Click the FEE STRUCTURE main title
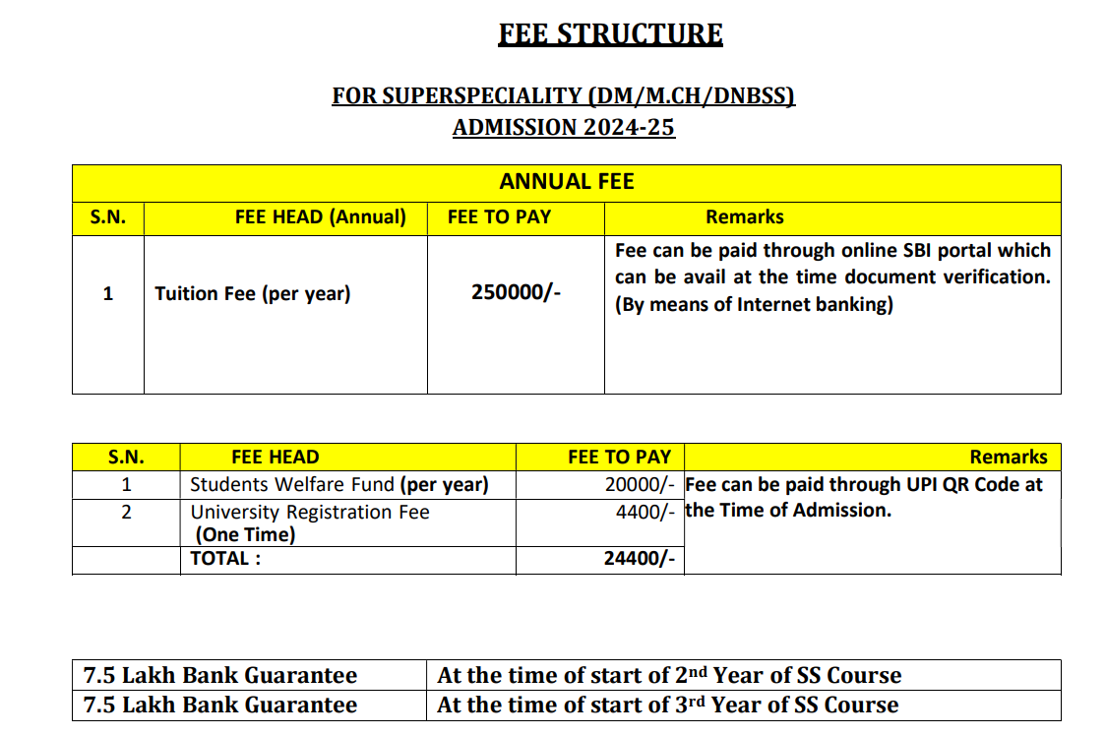coord(610,35)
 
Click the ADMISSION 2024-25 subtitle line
coord(564,128)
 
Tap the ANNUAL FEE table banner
coord(567,182)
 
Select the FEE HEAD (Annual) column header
coord(321,217)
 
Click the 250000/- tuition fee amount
coord(516,293)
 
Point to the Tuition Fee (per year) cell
coord(252,293)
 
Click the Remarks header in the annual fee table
coord(745,217)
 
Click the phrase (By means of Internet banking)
coord(754,304)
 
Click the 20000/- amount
coord(640,485)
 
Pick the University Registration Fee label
coord(310,512)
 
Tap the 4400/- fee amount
coord(645,512)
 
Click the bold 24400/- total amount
coord(639,559)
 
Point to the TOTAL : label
coord(226,559)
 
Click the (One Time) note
coord(246,535)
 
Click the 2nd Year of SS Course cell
coord(669,676)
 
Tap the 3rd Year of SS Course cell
coord(667,705)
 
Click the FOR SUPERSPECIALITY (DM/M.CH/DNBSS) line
coord(563,96)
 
